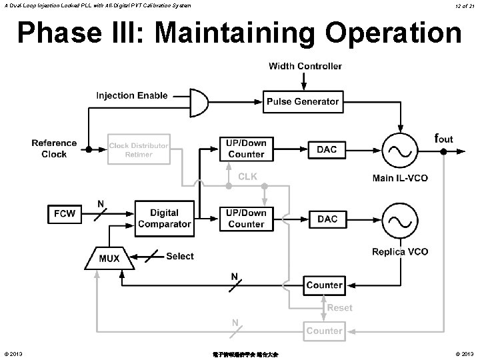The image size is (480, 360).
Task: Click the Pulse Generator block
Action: [x=303, y=102]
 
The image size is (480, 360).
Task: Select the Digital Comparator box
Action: [x=164, y=219]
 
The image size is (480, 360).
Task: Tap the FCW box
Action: [x=65, y=214]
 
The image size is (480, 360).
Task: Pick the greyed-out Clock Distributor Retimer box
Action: [x=139, y=150]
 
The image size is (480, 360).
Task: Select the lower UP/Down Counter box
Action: [x=246, y=219]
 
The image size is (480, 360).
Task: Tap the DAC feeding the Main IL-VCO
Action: [x=327, y=149]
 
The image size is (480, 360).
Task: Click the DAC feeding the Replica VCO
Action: [x=327, y=219]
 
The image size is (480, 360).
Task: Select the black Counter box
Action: [x=325, y=285]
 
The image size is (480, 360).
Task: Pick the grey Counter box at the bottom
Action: [x=325, y=331]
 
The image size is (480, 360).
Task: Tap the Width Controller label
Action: [x=305, y=66]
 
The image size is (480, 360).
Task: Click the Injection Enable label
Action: [x=132, y=95]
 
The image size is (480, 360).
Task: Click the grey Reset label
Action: [x=339, y=308]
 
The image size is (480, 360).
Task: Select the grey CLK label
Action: [x=247, y=177]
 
